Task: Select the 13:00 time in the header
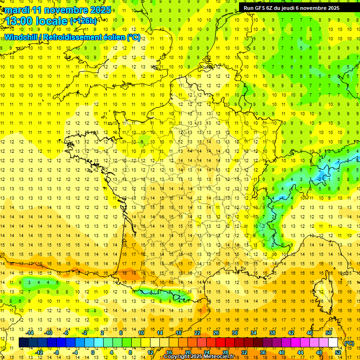point(21,21)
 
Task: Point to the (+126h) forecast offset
point(83,21)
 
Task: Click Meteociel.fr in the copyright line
point(221,357)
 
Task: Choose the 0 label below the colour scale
point(93,352)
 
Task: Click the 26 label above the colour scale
point(216,332)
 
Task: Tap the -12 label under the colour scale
point(39,352)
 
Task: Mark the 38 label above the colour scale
point(272,332)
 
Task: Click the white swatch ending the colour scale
point(333,343)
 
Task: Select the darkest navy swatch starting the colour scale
point(23,343)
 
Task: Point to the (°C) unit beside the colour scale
point(349,343)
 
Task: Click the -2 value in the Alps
point(320,179)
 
